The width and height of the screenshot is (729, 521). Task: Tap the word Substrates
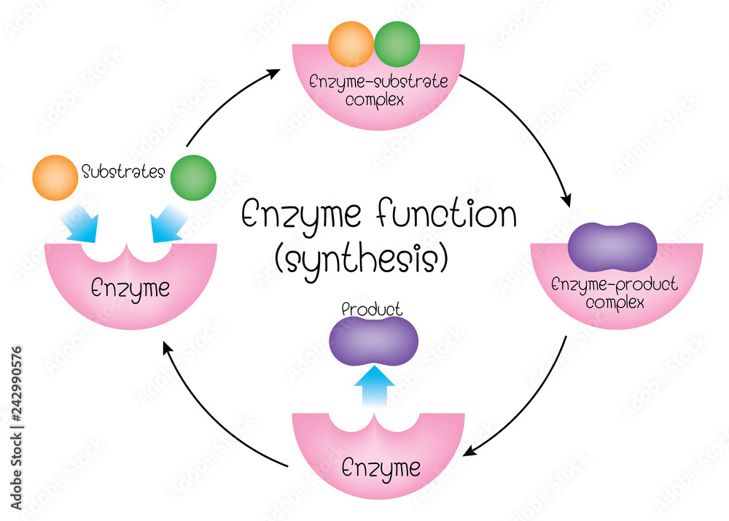(123, 173)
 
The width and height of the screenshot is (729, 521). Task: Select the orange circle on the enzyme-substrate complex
(351, 44)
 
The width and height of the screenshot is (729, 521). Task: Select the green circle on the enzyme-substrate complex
(397, 44)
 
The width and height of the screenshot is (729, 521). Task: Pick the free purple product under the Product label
(373, 341)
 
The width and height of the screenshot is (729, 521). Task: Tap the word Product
(373, 309)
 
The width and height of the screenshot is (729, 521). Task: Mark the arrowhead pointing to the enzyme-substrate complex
(275, 72)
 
